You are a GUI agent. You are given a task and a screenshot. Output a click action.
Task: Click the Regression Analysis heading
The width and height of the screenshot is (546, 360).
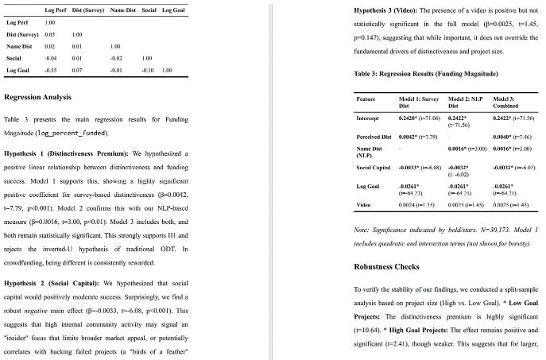tap(38, 98)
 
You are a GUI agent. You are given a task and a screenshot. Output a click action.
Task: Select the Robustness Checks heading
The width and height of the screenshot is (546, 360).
tap(386, 266)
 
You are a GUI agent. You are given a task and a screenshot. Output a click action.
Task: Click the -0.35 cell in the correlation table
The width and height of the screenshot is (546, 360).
tap(49, 71)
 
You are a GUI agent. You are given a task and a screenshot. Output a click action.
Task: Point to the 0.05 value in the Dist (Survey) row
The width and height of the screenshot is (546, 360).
tap(49, 35)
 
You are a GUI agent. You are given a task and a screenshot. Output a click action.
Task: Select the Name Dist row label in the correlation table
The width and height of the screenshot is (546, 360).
tap(18, 47)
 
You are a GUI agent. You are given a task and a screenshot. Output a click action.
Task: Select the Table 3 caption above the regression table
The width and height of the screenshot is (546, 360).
tap(425, 74)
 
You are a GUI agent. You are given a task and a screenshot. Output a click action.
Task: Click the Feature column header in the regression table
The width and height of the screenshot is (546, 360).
tap(366, 99)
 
